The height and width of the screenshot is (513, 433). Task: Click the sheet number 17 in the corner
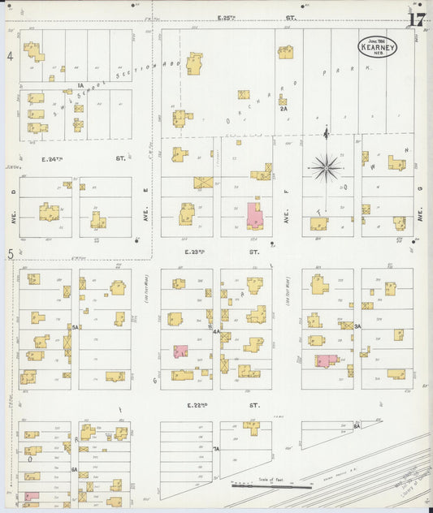click(x=417, y=19)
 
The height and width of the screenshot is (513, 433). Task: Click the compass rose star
click(x=327, y=168)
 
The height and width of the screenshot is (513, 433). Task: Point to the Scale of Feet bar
click(x=271, y=485)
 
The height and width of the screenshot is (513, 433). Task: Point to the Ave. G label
click(x=421, y=214)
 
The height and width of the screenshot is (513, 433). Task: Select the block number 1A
click(x=80, y=84)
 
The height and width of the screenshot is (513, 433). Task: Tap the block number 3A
click(x=357, y=326)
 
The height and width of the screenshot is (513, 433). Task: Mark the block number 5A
click(x=74, y=326)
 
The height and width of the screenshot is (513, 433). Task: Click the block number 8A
click(x=357, y=425)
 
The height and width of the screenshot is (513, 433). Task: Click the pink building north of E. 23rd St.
click(x=253, y=215)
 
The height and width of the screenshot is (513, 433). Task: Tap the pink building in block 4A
click(x=180, y=351)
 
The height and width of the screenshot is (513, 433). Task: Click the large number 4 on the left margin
click(x=11, y=56)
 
